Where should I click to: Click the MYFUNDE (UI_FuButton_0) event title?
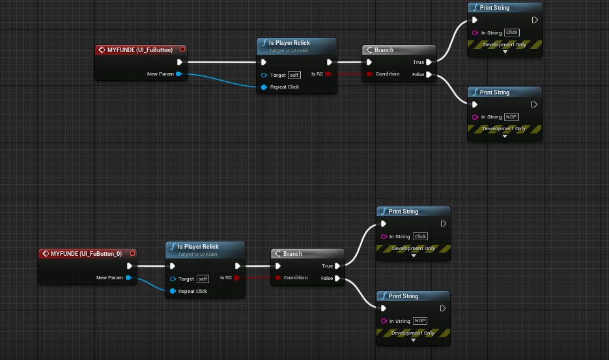pyautogui.click(x=86, y=253)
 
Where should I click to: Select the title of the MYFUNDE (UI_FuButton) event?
pyautogui.click(x=140, y=49)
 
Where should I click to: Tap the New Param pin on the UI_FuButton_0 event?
pyautogui.click(x=129, y=278)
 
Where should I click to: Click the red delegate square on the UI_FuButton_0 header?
pyautogui.click(x=132, y=253)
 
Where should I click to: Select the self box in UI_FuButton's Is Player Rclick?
pyautogui.click(x=294, y=75)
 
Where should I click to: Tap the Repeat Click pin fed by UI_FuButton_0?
pyautogui.click(x=173, y=291)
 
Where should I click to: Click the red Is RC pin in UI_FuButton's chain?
pyautogui.click(x=328, y=74)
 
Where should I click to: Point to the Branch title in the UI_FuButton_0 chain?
pyautogui.click(x=292, y=254)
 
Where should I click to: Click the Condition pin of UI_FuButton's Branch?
pyautogui.click(x=369, y=74)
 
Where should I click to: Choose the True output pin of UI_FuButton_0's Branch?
pyautogui.click(x=337, y=266)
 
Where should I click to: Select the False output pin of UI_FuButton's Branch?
pyautogui.click(x=428, y=74)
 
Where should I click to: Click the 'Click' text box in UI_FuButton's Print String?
pyautogui.click(x=511, y=33)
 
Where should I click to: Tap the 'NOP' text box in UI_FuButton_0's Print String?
pyautogui.click(x=420, y=321)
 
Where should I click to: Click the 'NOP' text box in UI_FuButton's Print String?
pyautogui.click(x=511, y=117)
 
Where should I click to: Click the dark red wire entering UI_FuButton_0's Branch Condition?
pyautogui.click(x=257, y=278)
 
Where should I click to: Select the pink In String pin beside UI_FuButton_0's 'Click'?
pyautogui.click(x=384, y=236)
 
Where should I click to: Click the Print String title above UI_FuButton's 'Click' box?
pyautogui.click(x=494, y=8)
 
